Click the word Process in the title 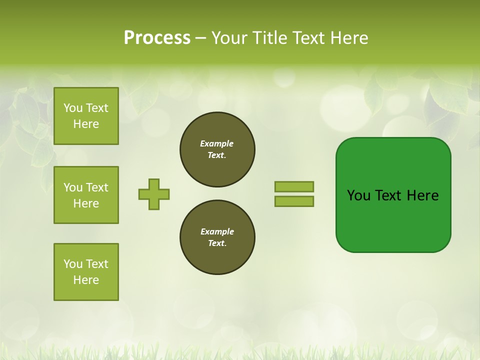click(157, 38)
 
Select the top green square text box click(86, 116)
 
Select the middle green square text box click(86, 195)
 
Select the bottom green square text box click(86, 272)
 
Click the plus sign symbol click(154, 194)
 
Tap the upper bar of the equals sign click(294, 186)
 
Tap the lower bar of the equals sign click(294, 201)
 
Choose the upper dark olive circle click(217, 149)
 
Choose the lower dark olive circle click(217, 237)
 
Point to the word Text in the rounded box click(389, 195)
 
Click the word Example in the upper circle click(216, 143)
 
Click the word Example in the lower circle click(217, 231)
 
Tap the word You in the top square click(73, 108)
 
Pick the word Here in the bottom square click(86, 280)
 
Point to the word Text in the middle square click(97, 187)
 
